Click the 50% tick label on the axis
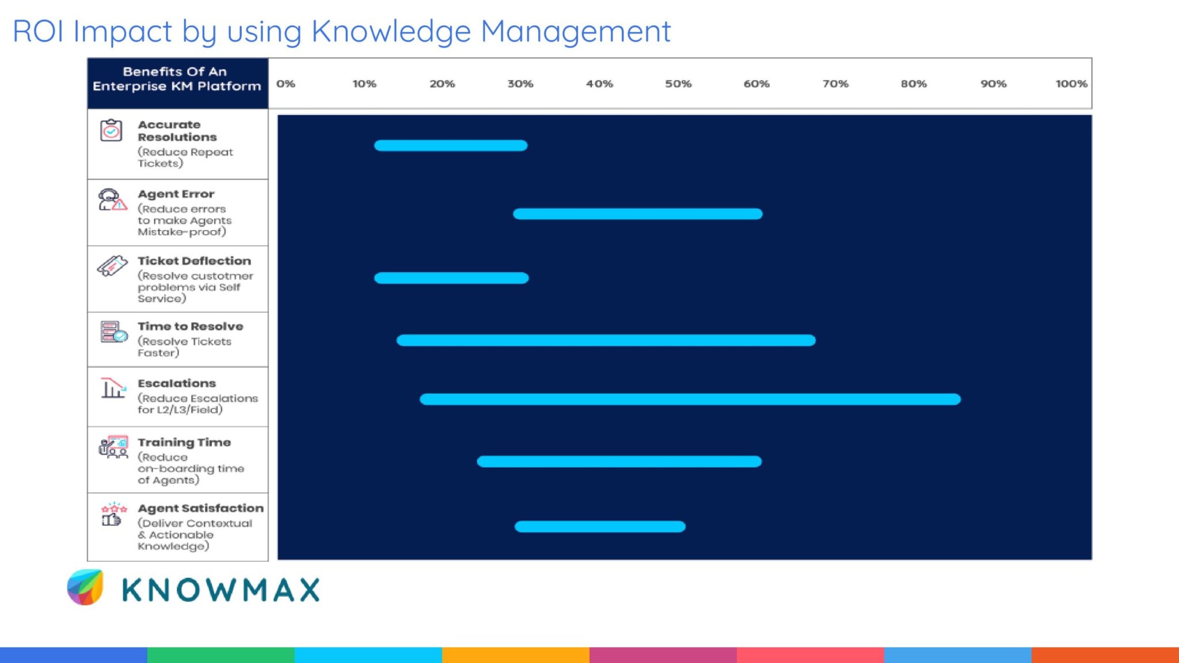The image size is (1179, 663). point(678,84)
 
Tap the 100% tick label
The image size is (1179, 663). point(1071,84)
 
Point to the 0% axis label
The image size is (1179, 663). point(286,84)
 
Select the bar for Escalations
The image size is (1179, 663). point(690,399)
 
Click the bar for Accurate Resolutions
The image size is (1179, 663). point(451,146)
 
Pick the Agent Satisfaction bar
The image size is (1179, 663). point(600,527)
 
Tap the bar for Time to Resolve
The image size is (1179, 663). point(606,341)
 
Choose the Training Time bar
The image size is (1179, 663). point(619,462)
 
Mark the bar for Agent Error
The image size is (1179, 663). point(637,214)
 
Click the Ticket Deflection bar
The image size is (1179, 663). point(451,279)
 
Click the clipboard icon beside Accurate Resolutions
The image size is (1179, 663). point(111,131)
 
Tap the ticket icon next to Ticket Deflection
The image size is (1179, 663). point(112,266)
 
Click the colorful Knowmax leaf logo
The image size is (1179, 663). point(85,588)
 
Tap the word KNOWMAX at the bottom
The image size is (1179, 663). point(221,590)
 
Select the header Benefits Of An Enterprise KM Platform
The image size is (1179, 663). point(177,79)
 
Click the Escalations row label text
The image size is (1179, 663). point(177,383)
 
